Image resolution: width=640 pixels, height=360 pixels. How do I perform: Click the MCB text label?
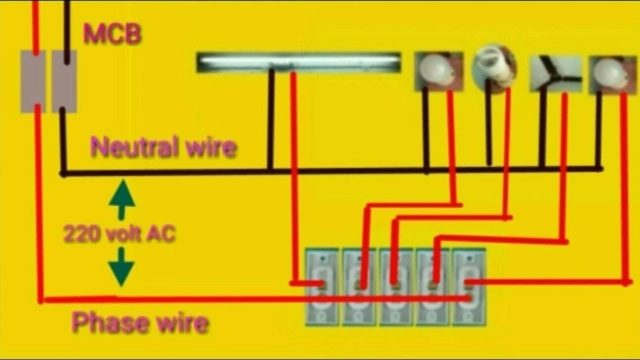tap(112, 34)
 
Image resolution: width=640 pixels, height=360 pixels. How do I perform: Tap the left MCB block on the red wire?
tap(33, 81)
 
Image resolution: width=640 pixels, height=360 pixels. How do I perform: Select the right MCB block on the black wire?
tap(64, 81)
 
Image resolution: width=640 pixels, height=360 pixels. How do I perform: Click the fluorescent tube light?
tap(298, 62)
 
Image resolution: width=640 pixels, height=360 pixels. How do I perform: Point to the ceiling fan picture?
tap(555, 73)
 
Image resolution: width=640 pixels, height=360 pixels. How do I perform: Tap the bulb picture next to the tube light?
tap(439, 71)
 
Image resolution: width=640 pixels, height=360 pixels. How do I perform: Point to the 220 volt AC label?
tap(119, 233)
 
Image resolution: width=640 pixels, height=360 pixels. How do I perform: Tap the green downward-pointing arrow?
tap(121, 267)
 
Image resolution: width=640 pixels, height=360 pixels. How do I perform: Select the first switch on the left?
tap(322, 287)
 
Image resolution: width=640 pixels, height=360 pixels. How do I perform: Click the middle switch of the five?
tap(396, 287)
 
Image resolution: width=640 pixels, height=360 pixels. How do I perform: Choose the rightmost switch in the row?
tap(469, 287)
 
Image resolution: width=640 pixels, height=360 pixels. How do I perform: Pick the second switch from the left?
tap(359, 287)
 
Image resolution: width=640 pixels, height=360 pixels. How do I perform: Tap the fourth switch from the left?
tap(433, 287)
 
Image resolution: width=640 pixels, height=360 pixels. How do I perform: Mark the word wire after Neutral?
tap(209, 148)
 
